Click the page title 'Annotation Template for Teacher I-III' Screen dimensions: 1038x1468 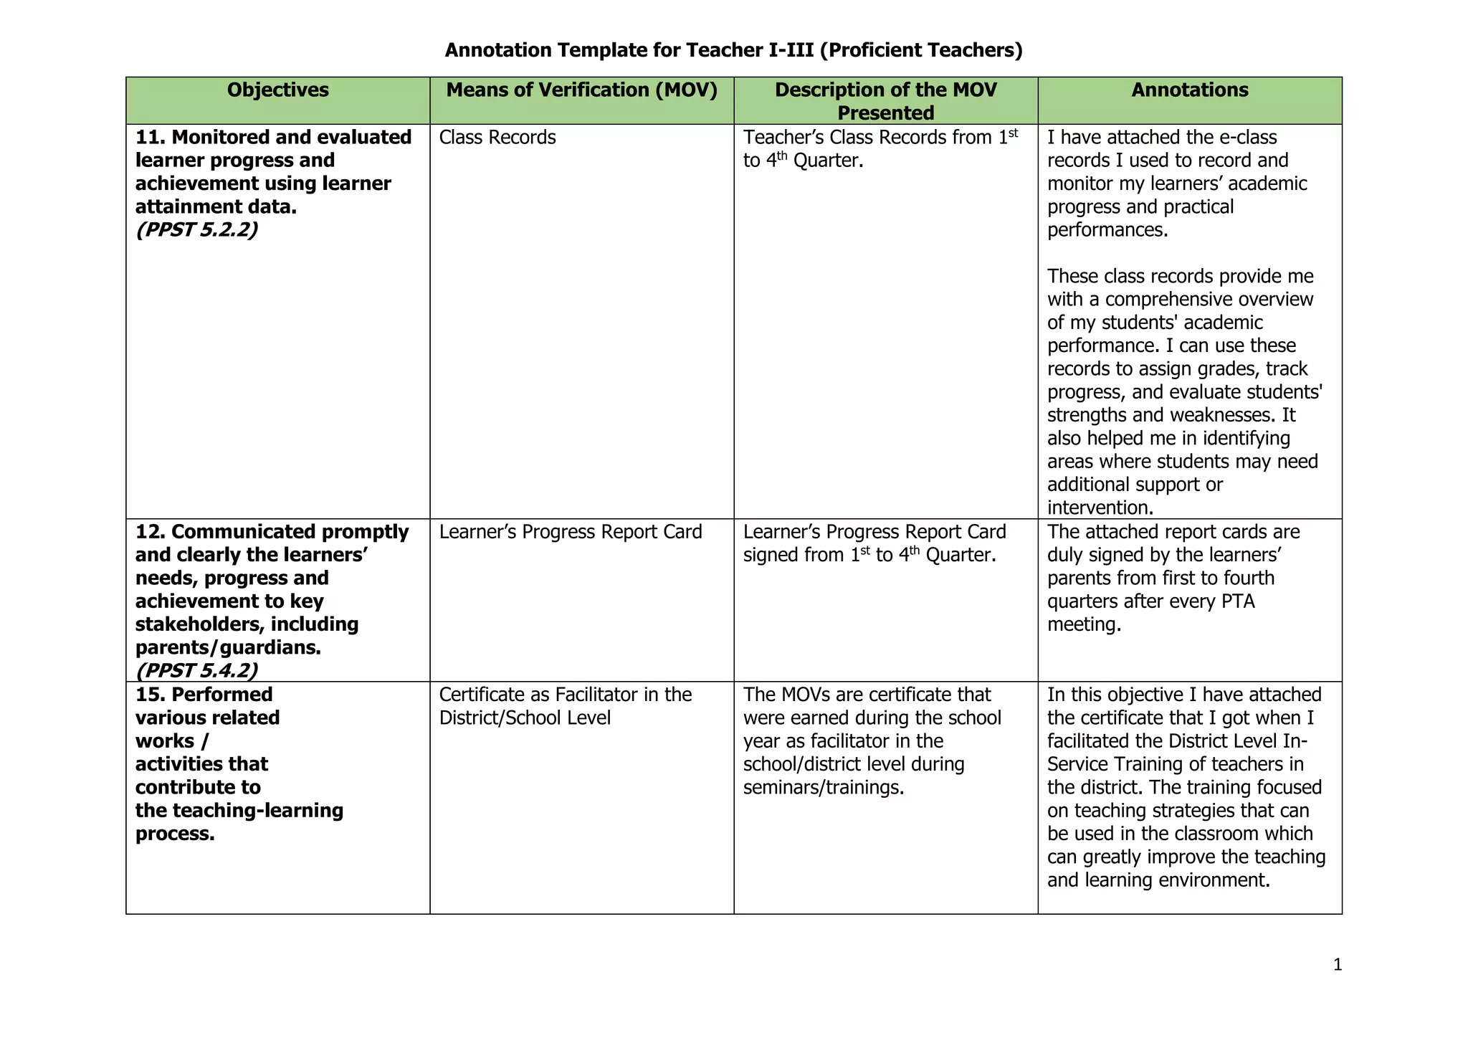click(733, 50)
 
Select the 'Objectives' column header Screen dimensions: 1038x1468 click(277, 90)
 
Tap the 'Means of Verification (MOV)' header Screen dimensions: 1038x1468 click(581, 90)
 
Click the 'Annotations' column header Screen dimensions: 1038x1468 click(1189, 90)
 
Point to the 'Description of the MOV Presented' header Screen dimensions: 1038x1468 click(885, 101)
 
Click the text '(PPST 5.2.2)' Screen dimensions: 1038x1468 click(196, 230)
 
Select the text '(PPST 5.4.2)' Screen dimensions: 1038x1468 click(196, 670)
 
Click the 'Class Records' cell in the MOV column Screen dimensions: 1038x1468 click(497, 138)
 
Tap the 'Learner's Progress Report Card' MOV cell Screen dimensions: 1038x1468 click(571, 532)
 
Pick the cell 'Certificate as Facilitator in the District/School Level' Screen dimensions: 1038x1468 click(565, 706)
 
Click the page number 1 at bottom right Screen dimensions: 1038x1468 click(1337, 965)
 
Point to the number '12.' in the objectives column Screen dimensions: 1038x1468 click(151, 532)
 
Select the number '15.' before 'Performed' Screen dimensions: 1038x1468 click(151, 695)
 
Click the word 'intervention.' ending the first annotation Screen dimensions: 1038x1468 click(1100, 508)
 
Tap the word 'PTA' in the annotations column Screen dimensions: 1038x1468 click(1238, 601)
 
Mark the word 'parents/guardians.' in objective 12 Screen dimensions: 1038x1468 click(228, 648)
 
